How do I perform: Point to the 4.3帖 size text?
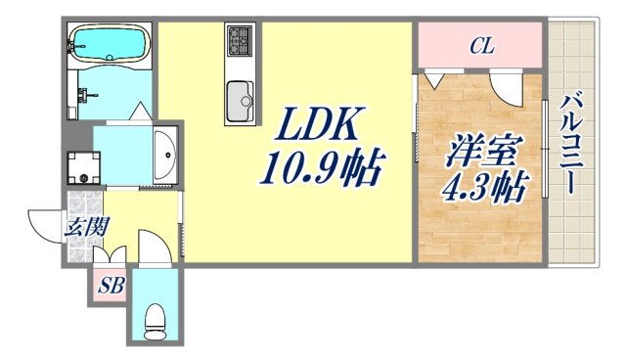(484, 186)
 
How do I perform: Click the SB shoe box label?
(108, 287)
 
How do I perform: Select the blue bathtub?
(109, 43)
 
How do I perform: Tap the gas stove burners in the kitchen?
(240, 41)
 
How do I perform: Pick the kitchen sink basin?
(240, 99)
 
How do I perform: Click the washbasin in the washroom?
(166, 156)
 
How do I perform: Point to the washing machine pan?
(85, 166)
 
